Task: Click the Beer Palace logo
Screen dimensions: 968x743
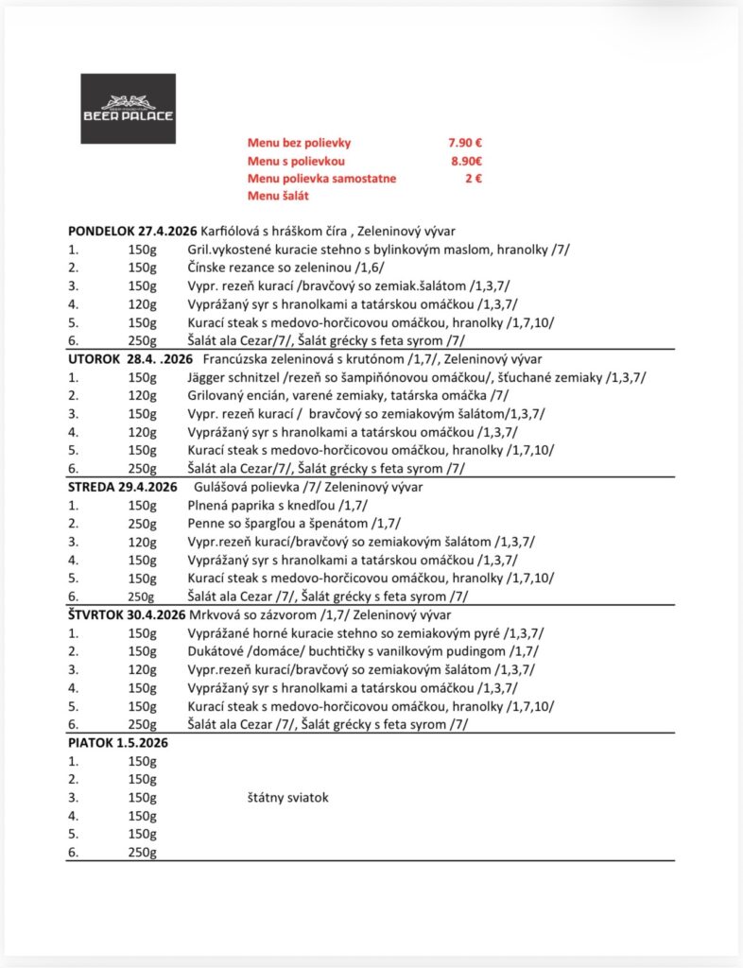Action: [128, 108]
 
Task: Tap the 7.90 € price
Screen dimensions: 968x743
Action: [465, 143]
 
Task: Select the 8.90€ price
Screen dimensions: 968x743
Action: [466, 161]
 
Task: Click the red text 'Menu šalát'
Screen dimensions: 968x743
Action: [278, 196]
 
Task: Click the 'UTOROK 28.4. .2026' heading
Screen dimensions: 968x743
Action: [130, 359]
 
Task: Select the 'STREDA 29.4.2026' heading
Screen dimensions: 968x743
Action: [123, 487]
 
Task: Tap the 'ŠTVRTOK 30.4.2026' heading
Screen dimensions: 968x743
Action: [127, 614]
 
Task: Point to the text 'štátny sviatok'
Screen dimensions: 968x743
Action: [286, 798]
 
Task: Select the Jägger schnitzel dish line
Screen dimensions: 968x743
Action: [417, 377]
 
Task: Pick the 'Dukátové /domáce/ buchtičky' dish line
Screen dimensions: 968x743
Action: [361, 651]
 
